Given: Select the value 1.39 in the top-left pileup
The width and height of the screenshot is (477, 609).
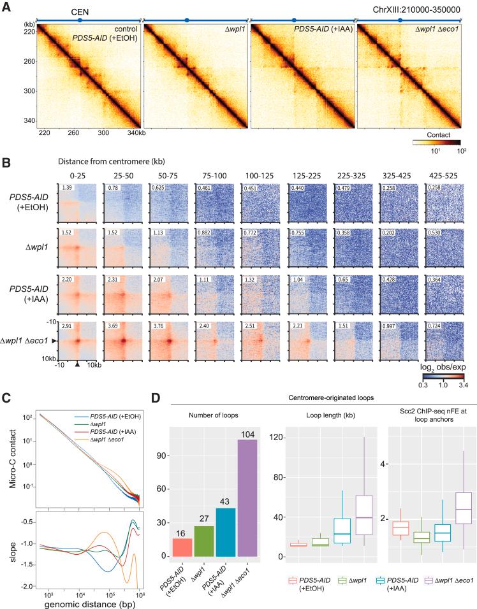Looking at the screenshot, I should (64, 188).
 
